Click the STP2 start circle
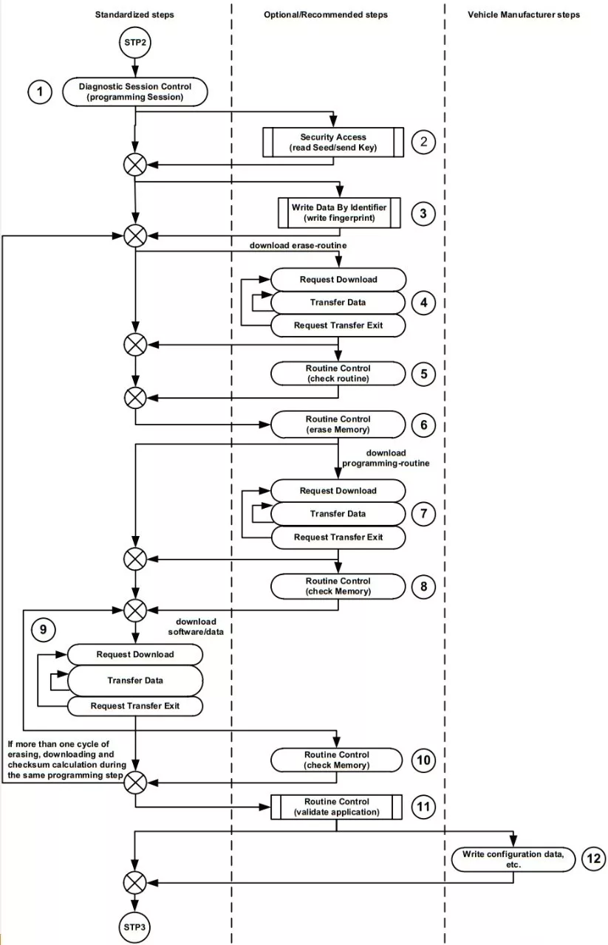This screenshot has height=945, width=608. [x=135, y=43]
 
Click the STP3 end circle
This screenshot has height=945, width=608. [x=134, y=927]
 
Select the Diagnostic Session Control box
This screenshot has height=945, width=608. [x=135, y=92]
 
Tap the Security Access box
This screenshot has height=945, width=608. [x=333, y=142]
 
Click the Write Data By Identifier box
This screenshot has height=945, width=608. [x=339, y=213]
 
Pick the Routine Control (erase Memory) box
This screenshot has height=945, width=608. [x=338, y=425]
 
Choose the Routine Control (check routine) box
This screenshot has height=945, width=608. [x=338, y=374]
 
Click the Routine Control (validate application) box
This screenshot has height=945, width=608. [x=337, y=807]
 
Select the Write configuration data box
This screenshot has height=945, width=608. [x=513, y=859]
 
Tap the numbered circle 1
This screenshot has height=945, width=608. [x=40, y=92]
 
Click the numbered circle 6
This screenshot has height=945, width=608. [x=423, y=425]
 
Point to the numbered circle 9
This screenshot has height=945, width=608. [x=43, y=630]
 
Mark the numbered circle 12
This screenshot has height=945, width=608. [x=594, y=859]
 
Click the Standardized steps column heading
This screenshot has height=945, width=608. [x=134, y=15]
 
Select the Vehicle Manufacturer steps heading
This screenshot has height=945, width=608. [x=524, y=15]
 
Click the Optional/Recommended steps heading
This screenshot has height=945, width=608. [x=326, y=15]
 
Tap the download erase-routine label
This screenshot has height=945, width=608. [x=298, y=246]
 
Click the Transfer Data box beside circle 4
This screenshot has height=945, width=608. [x=338, y=303]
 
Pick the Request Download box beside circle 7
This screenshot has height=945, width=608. [x=338, y=491]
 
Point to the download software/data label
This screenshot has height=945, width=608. [x=196, y=627]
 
